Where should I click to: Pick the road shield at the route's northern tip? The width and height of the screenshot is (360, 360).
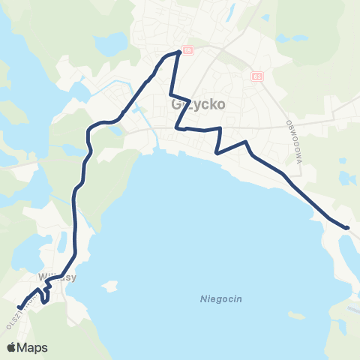187,50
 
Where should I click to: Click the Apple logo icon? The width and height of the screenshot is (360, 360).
12,347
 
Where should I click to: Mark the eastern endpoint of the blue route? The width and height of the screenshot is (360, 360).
347,227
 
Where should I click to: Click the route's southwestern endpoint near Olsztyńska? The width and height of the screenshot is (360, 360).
19,306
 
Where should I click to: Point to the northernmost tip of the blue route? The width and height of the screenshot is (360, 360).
178,52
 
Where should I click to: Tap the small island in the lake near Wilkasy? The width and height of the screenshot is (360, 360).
112,286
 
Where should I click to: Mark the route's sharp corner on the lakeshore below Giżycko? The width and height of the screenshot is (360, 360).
216,153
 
